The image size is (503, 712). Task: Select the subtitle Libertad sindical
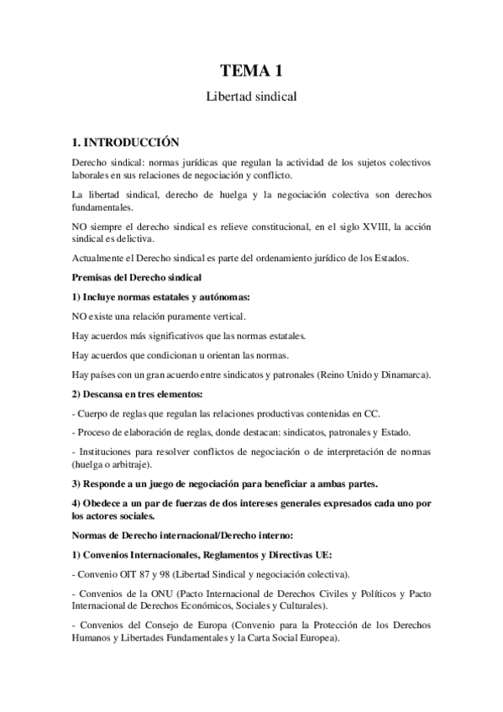pyautogui.click(x=251, y=97)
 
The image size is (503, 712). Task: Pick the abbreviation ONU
pyautogui.click(x=162, y=594)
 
